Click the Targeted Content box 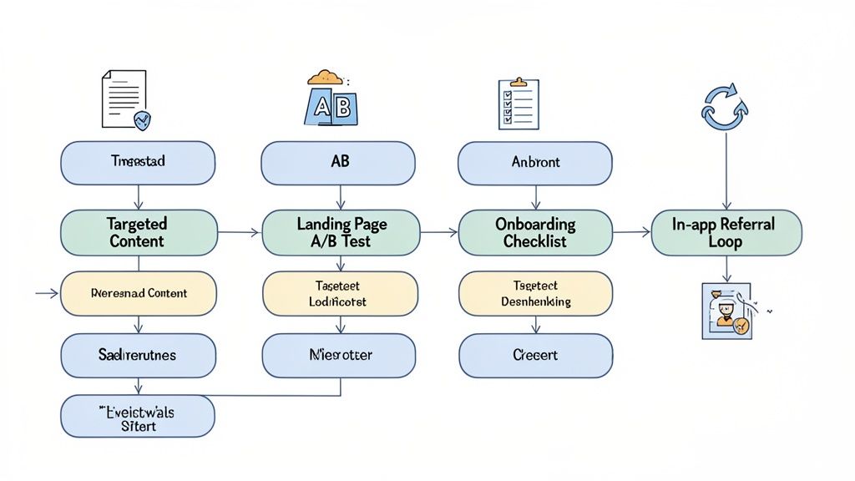click(138, 232)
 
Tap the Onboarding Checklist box click(535, 232)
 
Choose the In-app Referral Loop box click(726, 232)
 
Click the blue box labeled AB click(338, 163)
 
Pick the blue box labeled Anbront click(535, 163)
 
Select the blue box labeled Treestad click(138, 163)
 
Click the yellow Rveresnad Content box click(138, 294)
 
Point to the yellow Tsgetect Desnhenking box click(535, 294)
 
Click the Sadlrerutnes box click(138, 356)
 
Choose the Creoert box click(535, 356)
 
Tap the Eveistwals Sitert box click(138, 416)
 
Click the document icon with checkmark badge click(125, 100)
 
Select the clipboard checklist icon click(518, 104)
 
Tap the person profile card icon click(726, 310)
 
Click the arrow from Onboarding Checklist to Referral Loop click(630, 232)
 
